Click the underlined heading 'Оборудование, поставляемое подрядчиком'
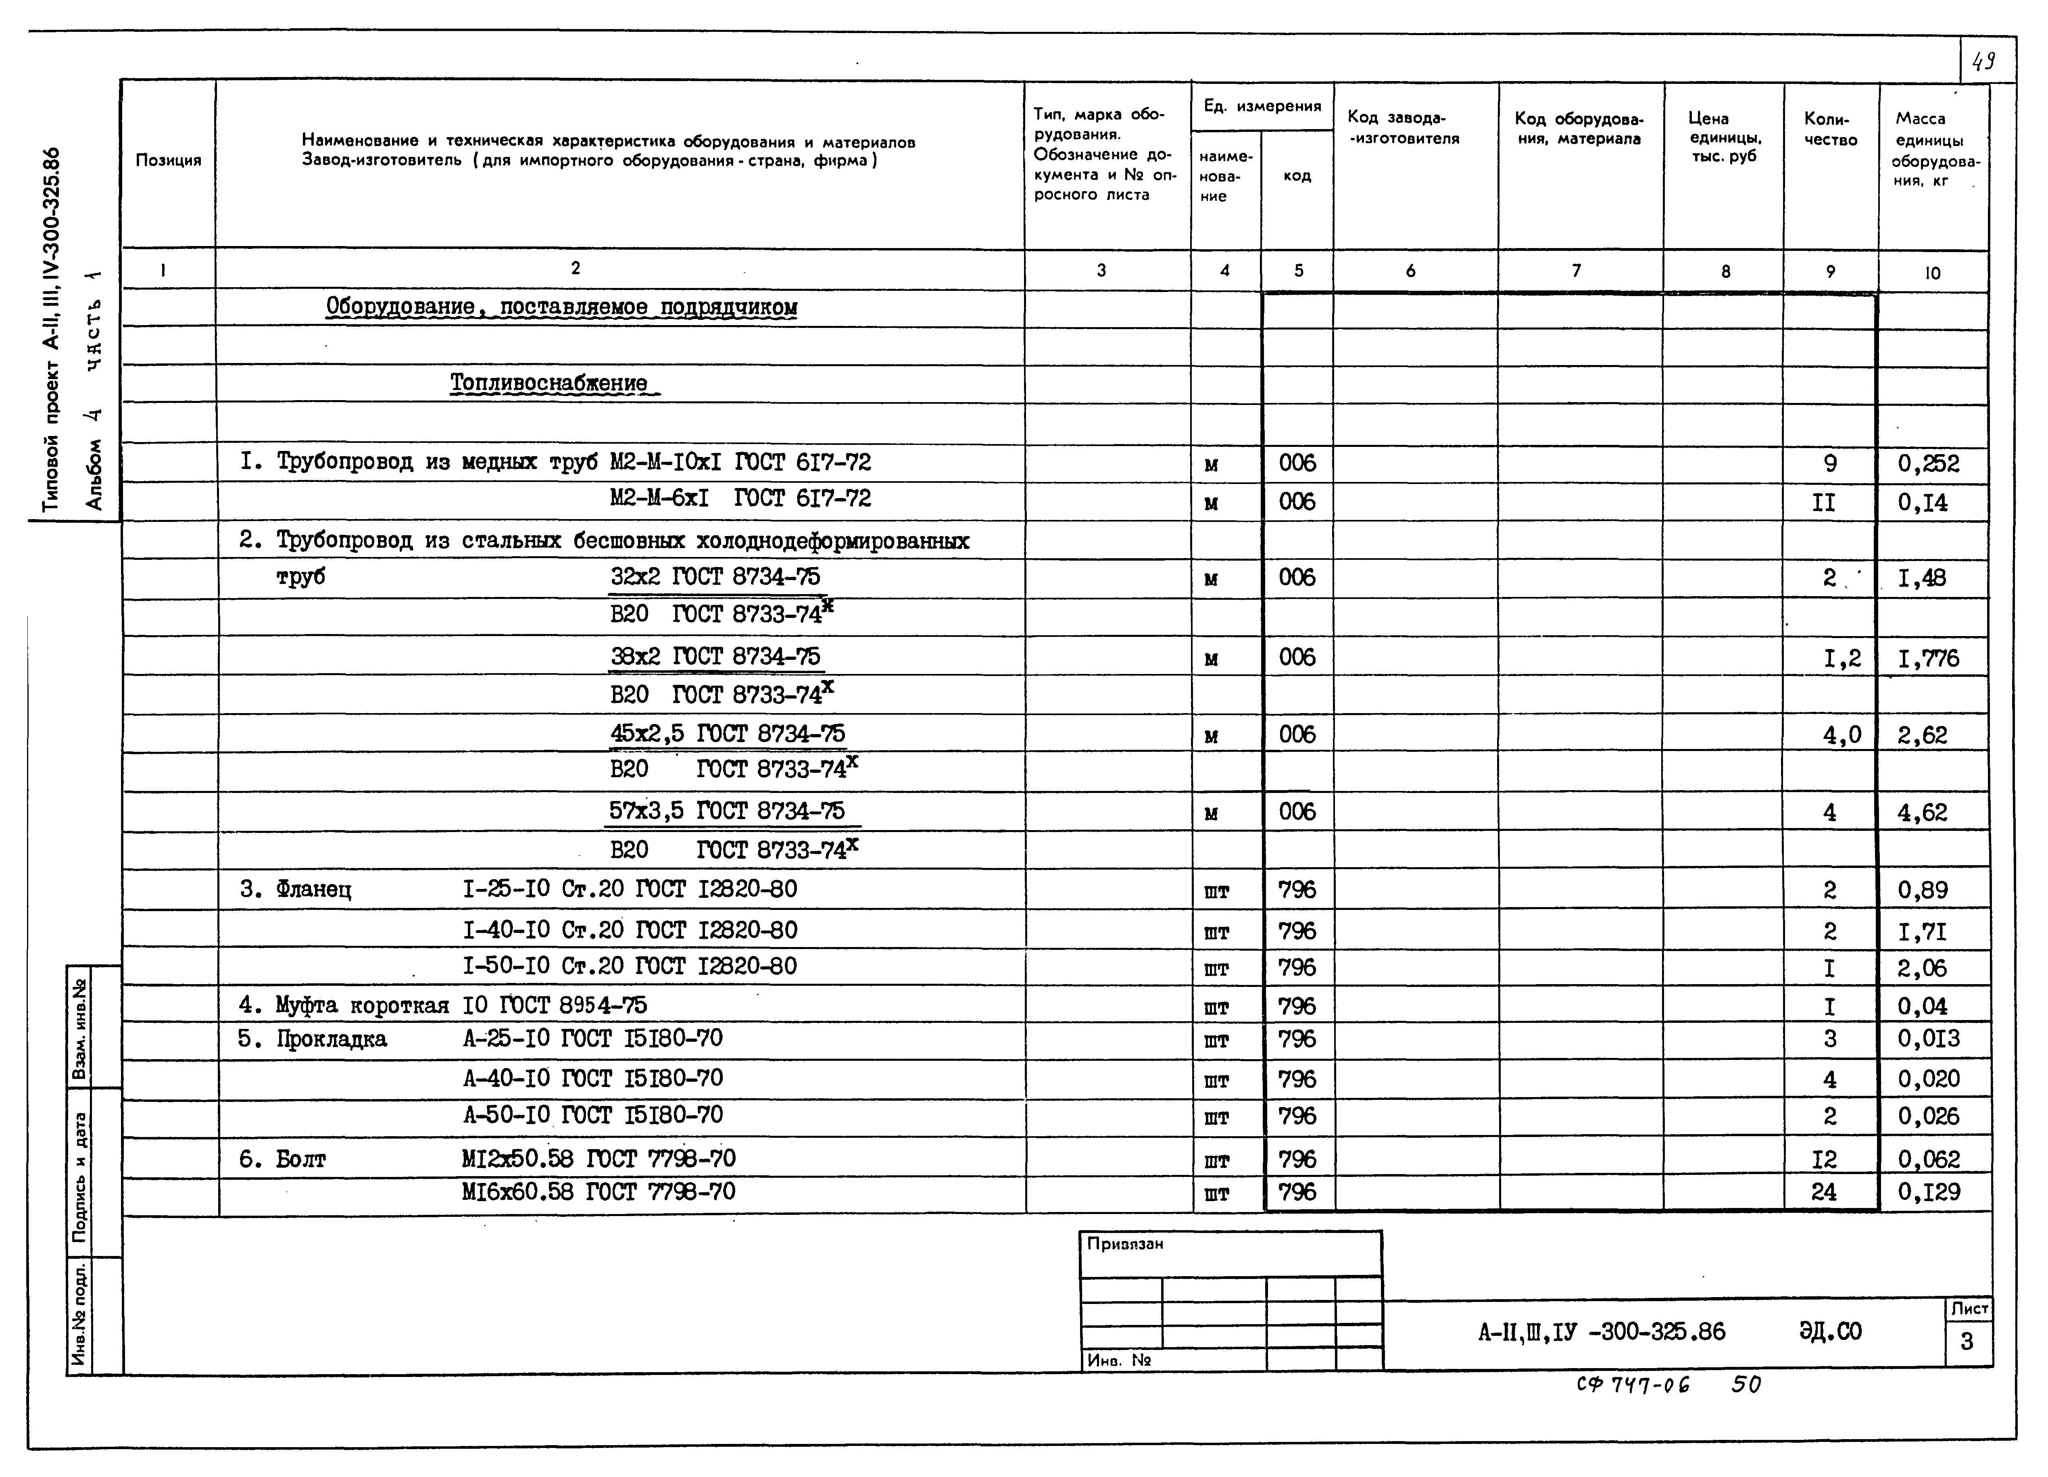pos(561,307)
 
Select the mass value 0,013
pos(1928,1039)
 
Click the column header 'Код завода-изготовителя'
pos(1403,128)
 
